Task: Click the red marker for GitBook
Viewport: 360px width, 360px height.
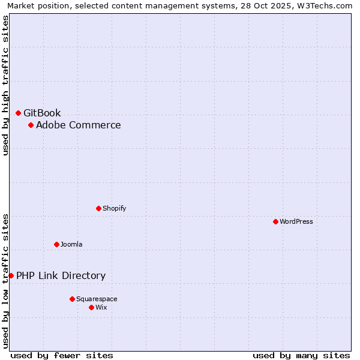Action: point(18,113)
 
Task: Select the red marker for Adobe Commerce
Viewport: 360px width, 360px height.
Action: point(31,125)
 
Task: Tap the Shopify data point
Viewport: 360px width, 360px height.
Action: point(98,208)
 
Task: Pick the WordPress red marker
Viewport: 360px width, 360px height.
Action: point(275,221)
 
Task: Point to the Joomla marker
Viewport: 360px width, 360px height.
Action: point(56,244)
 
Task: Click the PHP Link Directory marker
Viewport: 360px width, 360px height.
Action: point(11,275)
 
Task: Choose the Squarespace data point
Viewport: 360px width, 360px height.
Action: point(72,299)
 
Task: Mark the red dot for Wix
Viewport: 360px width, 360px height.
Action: point(91,307)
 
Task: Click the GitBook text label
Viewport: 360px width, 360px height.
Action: point(42,113)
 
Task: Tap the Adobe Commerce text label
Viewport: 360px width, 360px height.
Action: point(78,125)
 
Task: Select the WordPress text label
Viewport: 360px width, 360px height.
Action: point(296,221)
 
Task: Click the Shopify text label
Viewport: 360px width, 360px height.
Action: point(114,208)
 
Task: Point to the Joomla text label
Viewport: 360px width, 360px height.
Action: point(71,244)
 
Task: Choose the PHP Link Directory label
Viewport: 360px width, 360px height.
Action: point(61,275)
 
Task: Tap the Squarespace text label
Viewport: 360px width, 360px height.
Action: point(97,299)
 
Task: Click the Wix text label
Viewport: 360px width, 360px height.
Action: point(101,307)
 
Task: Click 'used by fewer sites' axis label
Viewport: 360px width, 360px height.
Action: point(62,355)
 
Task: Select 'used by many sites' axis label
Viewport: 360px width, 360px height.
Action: point(301,355)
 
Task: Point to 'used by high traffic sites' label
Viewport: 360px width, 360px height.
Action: point(6,85)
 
